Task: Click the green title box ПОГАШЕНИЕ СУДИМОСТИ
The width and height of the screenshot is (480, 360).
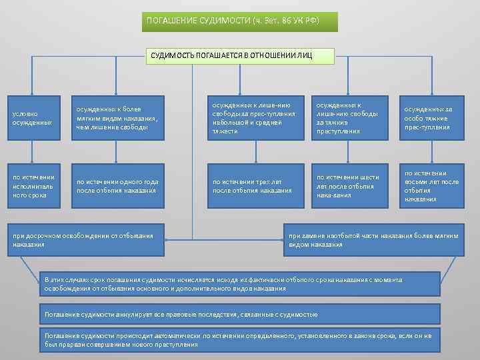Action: (241, 21)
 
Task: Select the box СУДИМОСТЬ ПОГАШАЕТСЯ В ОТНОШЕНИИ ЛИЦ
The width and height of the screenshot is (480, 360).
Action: (241, 55)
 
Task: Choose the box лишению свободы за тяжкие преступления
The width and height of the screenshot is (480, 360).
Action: (347, 118)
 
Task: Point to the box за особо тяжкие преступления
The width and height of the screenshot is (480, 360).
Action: (431, 118)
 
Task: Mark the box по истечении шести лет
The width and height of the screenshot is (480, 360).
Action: (347, 185)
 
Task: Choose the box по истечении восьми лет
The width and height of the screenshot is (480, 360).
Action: (431, 185)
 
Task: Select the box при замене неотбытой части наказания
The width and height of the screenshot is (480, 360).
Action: (374, 240)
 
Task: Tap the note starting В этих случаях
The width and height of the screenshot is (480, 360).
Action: (240, 283)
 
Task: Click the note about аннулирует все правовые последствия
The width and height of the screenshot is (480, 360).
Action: (240, 314)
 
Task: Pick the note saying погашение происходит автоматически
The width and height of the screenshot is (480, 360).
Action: (240, 339)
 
